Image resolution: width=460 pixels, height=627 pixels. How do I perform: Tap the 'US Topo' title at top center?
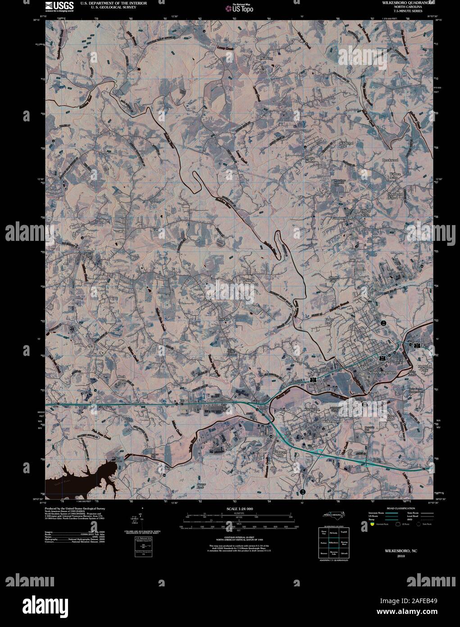[x=242, y=8]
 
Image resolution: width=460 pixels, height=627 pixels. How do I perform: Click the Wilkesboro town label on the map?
[x=332, y=421]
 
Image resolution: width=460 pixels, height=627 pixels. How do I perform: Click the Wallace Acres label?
[x=395, y=175]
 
